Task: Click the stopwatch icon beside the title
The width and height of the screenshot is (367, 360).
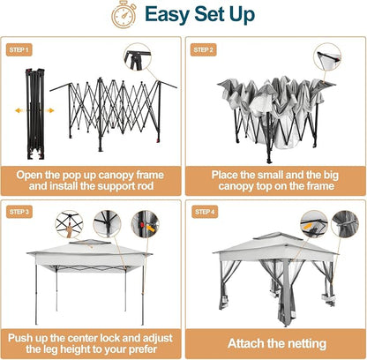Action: pos(124,14)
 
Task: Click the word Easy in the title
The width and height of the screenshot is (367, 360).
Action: pos(167,14)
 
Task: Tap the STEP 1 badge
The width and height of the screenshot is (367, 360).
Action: pos(19,49)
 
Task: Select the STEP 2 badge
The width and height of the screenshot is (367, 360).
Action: pos(204,49)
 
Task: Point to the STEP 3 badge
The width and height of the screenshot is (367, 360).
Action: pos(19,212)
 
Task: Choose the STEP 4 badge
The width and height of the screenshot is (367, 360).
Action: pos(205,212)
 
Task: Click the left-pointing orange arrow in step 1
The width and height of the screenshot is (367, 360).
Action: pos(19,110)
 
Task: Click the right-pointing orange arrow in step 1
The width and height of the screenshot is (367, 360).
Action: pos(49,110)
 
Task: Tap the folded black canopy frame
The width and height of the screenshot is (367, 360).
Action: pos(35,114)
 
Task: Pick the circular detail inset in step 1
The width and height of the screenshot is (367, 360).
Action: pos(138,57)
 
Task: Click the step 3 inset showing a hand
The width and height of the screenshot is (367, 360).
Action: pos(69,224)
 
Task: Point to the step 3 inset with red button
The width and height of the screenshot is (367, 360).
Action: pos(145,224)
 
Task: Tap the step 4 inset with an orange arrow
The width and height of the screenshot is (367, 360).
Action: pos(314,224)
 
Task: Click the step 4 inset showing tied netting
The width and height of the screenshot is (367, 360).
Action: pos(345,224)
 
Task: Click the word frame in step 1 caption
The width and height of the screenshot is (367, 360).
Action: pos(149,175)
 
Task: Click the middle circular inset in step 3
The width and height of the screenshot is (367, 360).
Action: pos(107,224)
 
